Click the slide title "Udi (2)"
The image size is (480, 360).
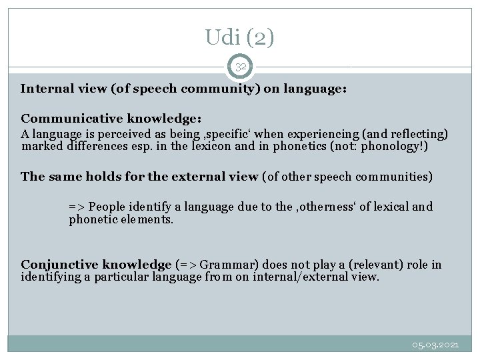(x=240, y=38)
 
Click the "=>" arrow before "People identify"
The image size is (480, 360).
(x=77, y=207)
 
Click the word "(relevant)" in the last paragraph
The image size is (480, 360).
(x=367, y=265)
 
